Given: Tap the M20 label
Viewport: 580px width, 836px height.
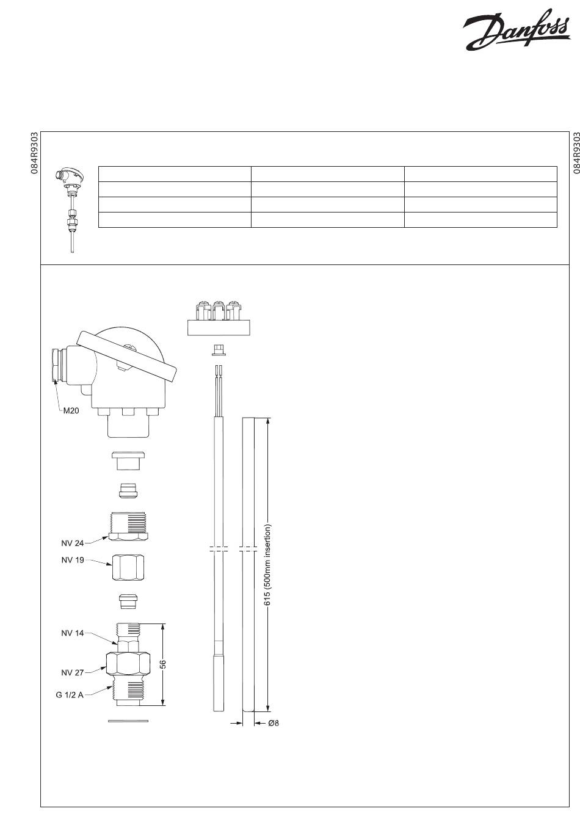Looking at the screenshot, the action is [x=71, y=411].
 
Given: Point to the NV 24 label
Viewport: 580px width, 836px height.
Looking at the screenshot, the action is [x=73, y=543].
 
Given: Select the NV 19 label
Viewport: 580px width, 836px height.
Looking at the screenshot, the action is [x=73, y=560].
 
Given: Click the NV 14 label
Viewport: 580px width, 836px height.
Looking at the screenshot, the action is [x=73, y=633].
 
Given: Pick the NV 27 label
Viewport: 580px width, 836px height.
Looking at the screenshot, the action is [x=73, y=672].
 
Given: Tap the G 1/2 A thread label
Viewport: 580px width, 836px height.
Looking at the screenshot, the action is [x=70, y=696].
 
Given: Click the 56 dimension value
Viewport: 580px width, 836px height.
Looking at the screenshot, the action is [x=163, y=664].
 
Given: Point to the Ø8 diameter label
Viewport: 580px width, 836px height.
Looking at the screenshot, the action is [x=274, y=724].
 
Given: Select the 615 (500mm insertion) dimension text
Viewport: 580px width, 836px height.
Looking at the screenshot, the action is [x=267, y=565].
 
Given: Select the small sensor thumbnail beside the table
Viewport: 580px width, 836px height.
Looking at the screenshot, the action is [x=70, y=208].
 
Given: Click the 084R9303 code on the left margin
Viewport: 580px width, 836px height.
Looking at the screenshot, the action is [x=35, y=153].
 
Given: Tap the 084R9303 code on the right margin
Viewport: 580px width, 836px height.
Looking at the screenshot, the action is [x=575, y=153].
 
